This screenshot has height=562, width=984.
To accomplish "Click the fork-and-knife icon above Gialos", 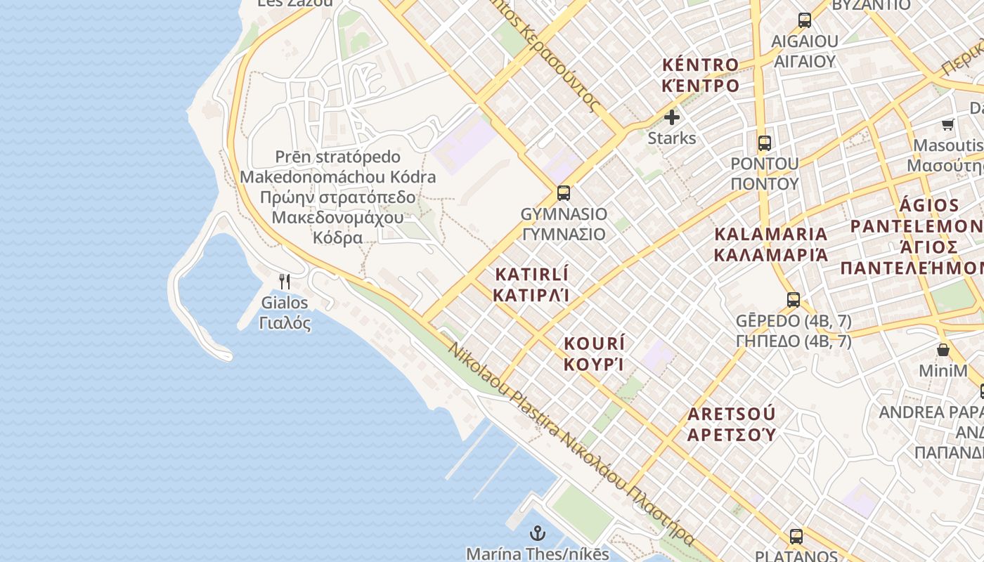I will tap(285, 282).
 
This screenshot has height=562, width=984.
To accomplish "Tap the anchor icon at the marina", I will tap(537, 533).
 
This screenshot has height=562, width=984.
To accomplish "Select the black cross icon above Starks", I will tap(672, 117).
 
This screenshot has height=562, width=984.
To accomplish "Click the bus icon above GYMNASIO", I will tap(563, 192).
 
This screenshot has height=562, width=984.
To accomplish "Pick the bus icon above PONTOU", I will tap(765, 143).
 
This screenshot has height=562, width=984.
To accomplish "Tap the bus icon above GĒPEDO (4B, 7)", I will tap(794, 300).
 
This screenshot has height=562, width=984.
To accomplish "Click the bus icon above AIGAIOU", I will tap(805, 20).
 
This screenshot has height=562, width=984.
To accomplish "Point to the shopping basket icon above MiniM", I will tap(943, 349).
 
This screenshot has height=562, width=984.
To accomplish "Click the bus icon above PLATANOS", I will tap(796, 536).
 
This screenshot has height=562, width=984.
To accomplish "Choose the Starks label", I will tap(672, 138).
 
